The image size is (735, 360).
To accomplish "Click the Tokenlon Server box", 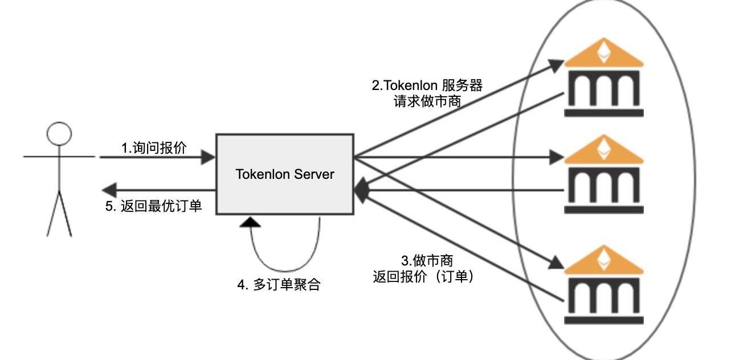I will (284, 174).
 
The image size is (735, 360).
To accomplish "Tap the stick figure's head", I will (59, 134).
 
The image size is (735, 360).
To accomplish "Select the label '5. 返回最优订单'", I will (153, 206).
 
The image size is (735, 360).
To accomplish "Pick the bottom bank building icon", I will (603, 285).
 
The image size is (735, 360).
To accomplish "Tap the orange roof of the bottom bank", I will (603, 260).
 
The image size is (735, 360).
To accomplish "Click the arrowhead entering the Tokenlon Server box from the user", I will (209, 157).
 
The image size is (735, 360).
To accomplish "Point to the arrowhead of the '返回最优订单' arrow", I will (108, 190).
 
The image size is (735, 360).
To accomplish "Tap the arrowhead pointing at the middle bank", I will (556, 157).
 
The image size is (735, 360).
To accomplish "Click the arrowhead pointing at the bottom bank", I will (556, 263).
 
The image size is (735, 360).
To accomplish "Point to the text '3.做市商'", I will (427, 261).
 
